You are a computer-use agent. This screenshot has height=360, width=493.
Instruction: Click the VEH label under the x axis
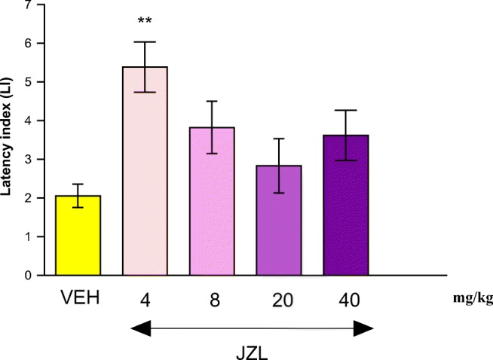coord(78,300)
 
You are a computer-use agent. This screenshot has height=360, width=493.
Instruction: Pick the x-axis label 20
coord(279,300)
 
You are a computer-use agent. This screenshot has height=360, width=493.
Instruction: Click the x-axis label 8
coord(212,300)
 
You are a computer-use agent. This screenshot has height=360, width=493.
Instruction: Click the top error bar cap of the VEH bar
coord(78,184)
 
